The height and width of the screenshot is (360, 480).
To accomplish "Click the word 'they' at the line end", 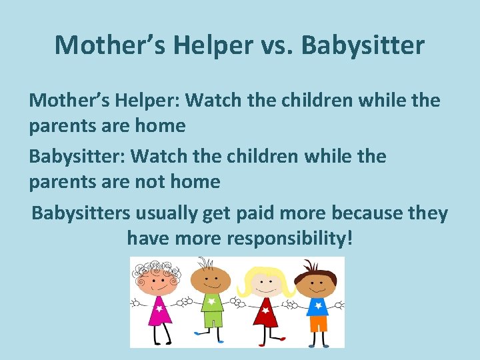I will (429, 213).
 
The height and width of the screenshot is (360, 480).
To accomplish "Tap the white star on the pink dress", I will (159, 307).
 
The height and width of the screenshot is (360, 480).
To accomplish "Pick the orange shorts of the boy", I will (318, 323).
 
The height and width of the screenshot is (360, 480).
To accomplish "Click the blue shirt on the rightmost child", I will (317, 306).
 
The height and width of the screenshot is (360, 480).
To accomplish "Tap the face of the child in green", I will (211, 280).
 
